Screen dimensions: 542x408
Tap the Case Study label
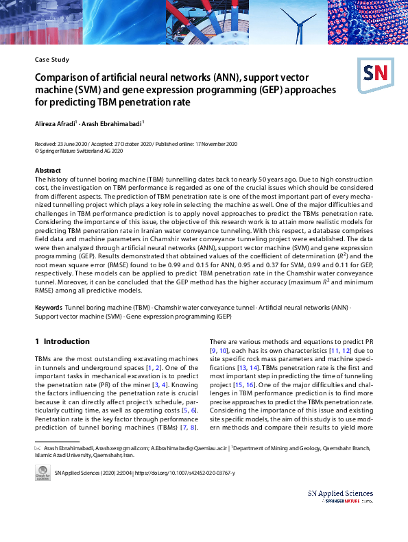[52, 60]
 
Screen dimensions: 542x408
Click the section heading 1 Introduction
[62, 341]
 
